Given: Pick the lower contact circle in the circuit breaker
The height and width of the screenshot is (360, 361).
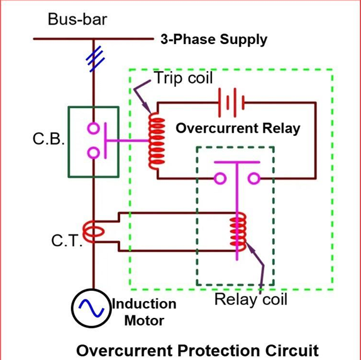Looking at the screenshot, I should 94,153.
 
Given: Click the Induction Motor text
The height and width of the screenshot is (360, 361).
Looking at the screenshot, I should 144,312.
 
